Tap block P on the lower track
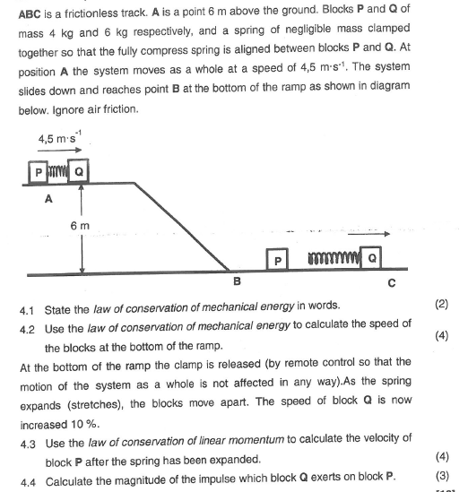pos(278,260)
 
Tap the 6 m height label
pos(70,226)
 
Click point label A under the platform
pos(48,201)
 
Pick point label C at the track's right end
pos(391,284)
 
